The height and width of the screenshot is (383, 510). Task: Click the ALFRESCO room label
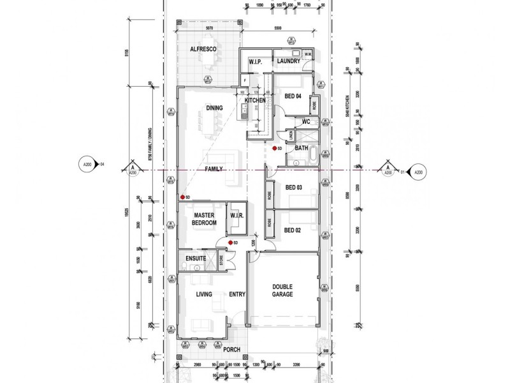point(205,49)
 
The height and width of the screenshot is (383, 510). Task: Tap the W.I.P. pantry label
point(257,62)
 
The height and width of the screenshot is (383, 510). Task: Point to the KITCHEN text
point(255,101)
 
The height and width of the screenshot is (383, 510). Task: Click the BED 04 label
point(293,96)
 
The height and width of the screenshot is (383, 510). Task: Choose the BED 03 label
point(293,188)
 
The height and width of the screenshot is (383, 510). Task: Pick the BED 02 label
point(293,230)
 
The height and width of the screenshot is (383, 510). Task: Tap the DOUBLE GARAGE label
point(283,290)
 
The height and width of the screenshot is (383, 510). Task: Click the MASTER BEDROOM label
point(205,220)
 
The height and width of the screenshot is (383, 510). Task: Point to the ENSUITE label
point(196,259)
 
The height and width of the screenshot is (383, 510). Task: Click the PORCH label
point(231,350)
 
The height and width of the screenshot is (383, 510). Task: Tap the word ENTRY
point(237,294)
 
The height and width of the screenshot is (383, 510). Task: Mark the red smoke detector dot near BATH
point(275,148)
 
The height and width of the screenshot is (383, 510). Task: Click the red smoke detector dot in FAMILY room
point(182,197)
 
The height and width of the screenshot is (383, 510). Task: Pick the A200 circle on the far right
point(418,171)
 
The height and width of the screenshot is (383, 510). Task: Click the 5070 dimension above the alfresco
point(209,29)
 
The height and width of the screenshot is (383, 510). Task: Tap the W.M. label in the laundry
point(307,55)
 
